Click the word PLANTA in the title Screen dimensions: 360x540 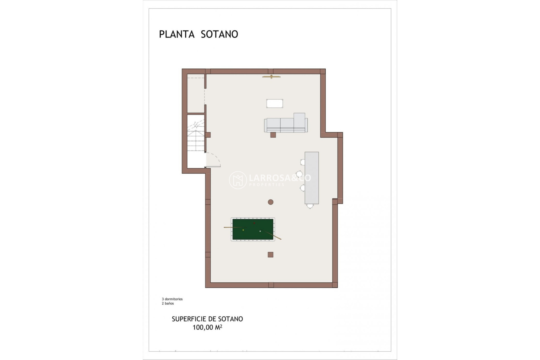coord(177,34)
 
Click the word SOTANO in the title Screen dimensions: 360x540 coord(219,34)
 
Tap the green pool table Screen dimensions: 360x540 coord(253,229)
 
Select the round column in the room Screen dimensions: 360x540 coord(271,202)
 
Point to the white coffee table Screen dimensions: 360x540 coord(274,103)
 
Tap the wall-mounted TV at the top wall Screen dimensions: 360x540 coord(271,76)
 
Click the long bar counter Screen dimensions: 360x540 coord(312,178)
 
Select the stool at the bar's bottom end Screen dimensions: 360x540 coord(310,206)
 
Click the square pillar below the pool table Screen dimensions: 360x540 coord(270,255)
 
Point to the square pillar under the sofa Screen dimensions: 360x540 coord(273,135)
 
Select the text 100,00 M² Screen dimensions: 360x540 coord(207,327)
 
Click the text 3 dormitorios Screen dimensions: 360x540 coord(172,299)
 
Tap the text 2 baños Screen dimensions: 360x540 coord(168,303)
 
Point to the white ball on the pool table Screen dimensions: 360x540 coord(260,231)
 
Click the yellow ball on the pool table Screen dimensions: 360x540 coord(243,230)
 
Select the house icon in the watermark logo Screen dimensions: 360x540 coord(238,180)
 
